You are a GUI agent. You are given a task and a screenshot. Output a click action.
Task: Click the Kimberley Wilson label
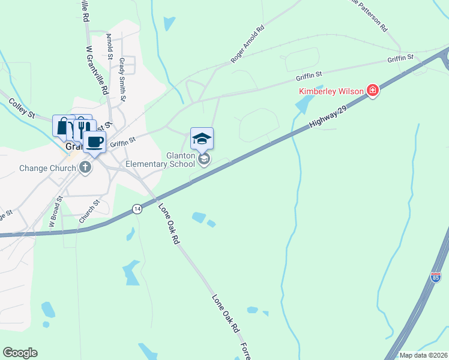click(331, 91)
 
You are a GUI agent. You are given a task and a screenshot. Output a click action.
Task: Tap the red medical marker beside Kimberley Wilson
click(373, 91)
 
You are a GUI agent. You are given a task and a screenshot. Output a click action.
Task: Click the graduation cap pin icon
click(202, 139)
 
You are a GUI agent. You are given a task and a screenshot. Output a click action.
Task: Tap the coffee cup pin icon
click(94, 142)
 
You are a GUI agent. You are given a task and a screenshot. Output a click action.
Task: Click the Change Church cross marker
click(85, 168)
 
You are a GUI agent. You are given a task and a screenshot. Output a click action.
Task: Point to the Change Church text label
click(47, 168)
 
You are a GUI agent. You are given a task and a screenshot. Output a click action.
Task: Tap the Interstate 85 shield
click(436, 277)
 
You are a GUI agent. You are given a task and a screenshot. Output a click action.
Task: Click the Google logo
click(20, 353)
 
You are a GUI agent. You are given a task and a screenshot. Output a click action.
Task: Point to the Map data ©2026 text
click(423, 355)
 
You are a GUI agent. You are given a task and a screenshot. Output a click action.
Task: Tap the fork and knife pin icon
click(83, 127)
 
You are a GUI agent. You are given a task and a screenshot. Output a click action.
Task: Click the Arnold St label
click(110, 47)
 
